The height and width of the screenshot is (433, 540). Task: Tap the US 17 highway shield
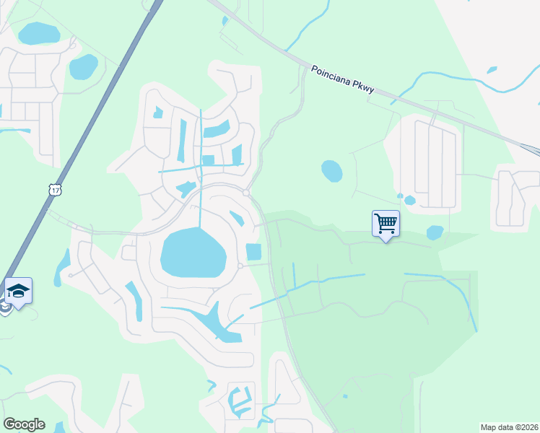(x=56, y=190)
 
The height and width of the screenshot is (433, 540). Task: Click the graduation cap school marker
(x=18, y=291)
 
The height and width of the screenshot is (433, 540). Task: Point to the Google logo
(x=24, y=424)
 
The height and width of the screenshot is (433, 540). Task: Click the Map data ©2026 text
(x=509, y=427)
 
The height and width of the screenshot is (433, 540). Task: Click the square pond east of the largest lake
(x=254, y=252)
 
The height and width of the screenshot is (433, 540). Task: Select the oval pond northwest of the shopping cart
(x=331, y=171)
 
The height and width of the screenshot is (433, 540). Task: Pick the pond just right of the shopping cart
(x=435, y=232)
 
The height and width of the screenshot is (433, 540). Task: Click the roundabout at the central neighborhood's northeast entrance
(x=246, y=193)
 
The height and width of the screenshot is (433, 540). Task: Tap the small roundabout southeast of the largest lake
(x=240, y=266)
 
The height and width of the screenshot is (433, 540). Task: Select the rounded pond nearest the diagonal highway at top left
(x=83, y=67)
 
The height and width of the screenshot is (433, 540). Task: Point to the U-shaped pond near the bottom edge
(x=238, y=401)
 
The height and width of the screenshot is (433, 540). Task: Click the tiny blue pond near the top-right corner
(x=492, y=70)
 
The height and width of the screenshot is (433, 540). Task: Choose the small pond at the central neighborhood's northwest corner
(x=157, y=113)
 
